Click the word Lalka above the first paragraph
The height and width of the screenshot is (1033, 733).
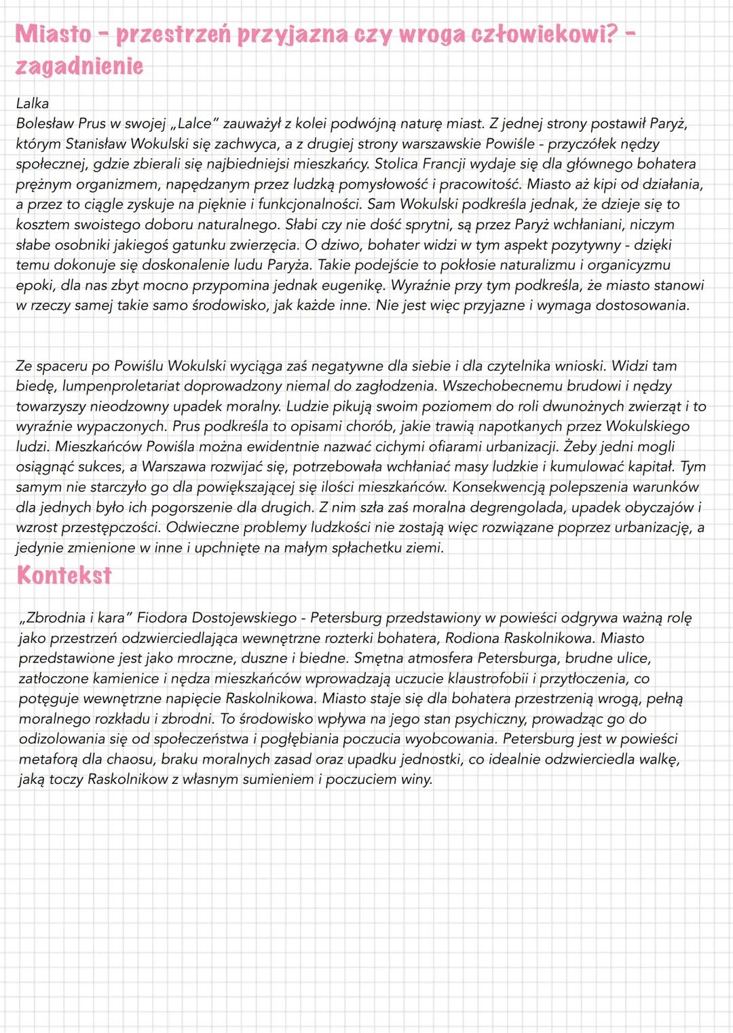pyautogui.click(x=32, y=104)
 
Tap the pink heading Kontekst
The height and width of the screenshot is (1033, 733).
pyautogui.click(x=64, y=576)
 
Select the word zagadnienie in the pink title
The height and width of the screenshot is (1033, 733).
pyautogui.click(x=79, y=67)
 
